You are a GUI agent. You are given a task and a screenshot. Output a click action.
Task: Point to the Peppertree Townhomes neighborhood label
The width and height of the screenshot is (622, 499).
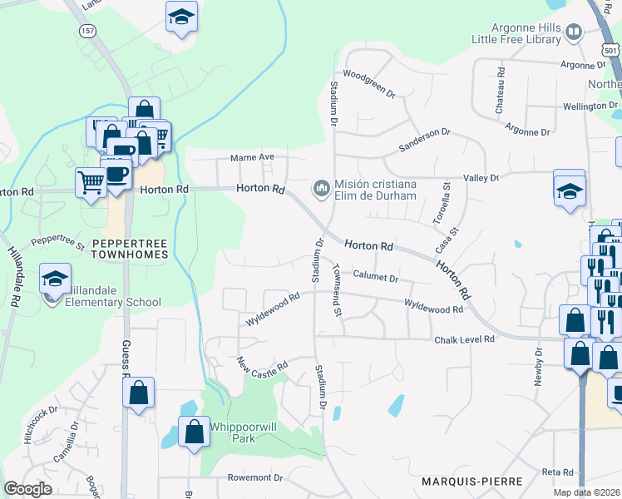click(129, 249)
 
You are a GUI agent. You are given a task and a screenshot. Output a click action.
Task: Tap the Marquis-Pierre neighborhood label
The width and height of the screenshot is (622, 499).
click(472, 482)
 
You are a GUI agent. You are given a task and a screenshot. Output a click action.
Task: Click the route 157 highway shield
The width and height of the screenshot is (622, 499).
click(88, 30)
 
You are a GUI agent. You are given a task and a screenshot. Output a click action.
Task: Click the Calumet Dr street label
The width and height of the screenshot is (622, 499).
click(375, 275)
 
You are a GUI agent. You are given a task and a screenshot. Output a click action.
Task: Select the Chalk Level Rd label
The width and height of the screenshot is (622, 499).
click(464, 339)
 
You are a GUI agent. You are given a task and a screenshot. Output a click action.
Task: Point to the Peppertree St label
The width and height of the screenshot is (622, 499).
click(58, 242)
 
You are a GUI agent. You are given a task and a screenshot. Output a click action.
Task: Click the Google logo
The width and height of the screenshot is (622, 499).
click(27, 489)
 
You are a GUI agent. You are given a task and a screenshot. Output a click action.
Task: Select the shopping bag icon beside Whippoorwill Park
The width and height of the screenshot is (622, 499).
click(194, 432)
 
